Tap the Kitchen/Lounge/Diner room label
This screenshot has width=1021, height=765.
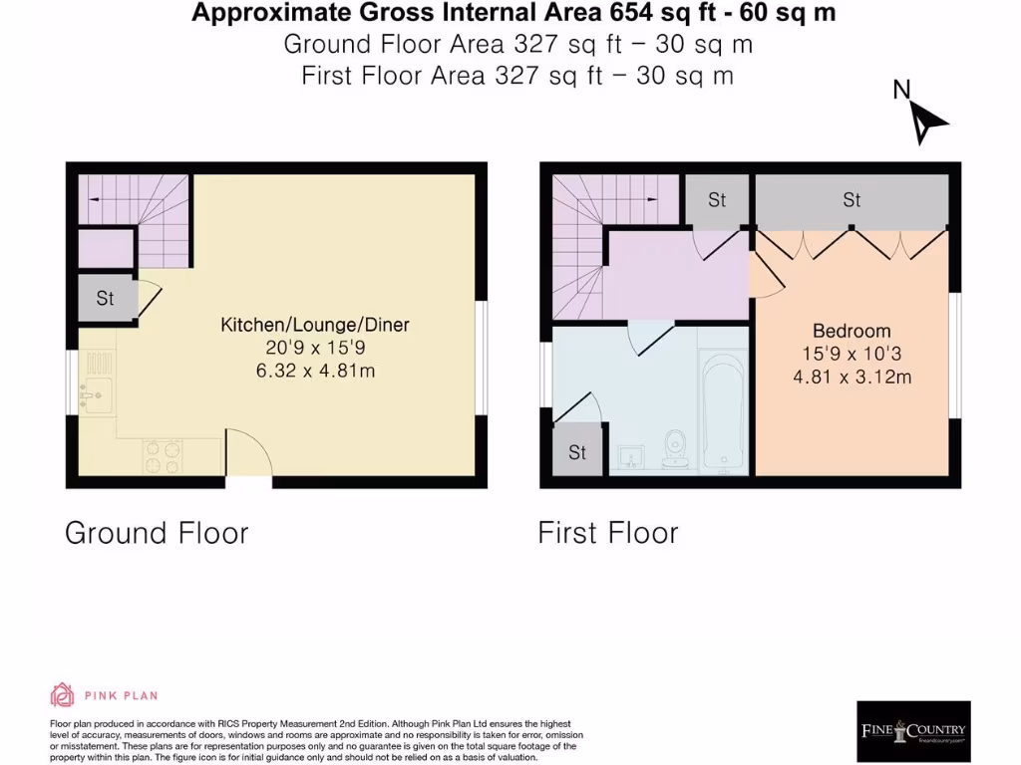[315, 325]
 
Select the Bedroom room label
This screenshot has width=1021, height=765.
[851, 331]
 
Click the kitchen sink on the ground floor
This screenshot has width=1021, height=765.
[97, 395]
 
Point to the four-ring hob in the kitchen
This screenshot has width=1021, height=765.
[163, 458]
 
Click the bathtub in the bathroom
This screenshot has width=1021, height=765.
[723, 410]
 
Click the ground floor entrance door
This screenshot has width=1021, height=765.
[249, 458]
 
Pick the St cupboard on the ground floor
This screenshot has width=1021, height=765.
[106, 298]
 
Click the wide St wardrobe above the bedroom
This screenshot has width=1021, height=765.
[851, 201]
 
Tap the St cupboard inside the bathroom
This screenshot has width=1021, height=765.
[577, 452]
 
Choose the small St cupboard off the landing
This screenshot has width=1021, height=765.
[717, 201]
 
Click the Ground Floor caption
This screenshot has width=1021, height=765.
[157, 533]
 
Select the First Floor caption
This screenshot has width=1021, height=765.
[608, 533]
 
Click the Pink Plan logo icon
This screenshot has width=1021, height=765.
[62, 695]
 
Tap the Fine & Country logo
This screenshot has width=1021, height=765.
[913, 731]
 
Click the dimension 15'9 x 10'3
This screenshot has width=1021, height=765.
[851, 354]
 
